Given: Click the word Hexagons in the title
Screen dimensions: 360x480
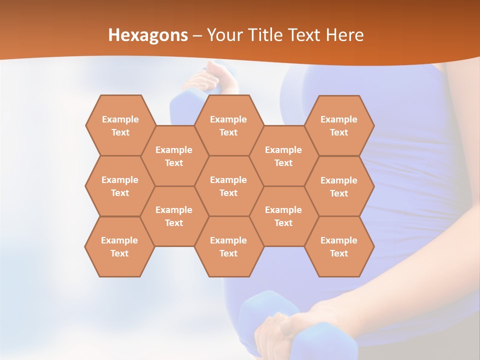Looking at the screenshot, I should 148,35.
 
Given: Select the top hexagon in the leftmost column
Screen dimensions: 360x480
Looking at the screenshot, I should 120,125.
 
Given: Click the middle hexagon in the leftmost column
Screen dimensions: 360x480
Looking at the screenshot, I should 120,186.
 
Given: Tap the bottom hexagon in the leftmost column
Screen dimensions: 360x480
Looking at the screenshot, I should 119,246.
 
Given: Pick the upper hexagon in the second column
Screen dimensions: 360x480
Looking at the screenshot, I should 174,156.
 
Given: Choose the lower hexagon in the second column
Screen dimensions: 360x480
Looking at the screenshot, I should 174,216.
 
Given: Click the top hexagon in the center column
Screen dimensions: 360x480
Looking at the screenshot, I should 228,125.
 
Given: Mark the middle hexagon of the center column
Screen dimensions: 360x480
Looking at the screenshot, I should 228,186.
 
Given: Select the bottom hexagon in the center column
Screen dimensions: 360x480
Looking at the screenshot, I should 228,246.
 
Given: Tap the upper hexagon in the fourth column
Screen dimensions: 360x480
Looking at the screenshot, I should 283,156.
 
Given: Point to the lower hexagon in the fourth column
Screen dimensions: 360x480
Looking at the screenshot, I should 283,216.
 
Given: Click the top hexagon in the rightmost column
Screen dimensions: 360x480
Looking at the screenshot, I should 339,125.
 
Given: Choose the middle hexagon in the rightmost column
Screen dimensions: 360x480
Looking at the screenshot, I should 339,186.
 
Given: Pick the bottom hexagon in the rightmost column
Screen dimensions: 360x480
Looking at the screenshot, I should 339,246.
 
